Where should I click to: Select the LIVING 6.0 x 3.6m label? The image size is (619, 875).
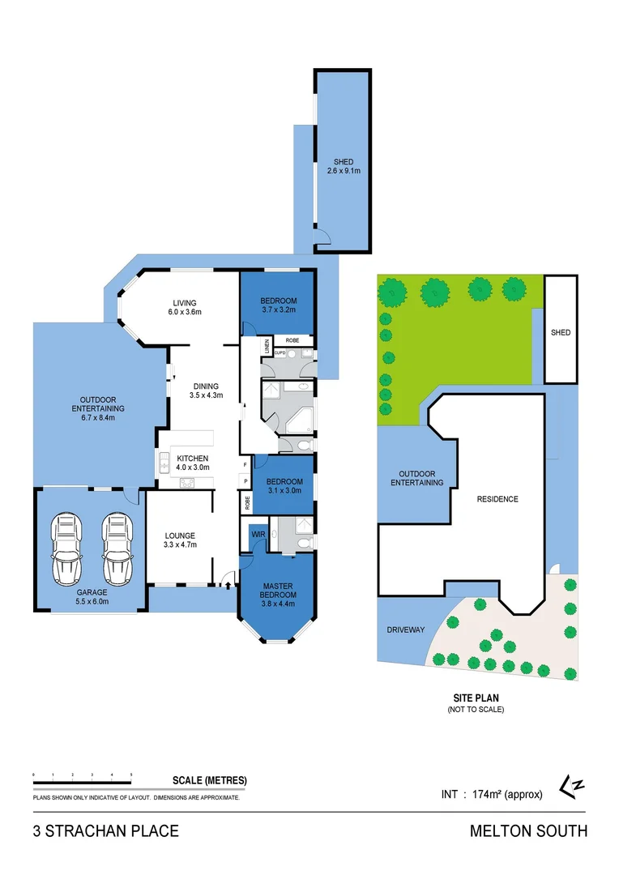[x=184, y=307]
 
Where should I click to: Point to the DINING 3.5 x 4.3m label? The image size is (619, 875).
[x=207, y=391]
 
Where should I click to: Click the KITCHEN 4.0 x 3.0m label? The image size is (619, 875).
[x=193, y=463]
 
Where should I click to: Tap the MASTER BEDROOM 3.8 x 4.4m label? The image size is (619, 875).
[x=276, y=593]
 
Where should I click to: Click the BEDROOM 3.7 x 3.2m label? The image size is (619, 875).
[x=279, y=305]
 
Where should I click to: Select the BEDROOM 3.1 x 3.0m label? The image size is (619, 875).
[x=284, y=485]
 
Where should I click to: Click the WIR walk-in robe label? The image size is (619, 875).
[x=258, y=536]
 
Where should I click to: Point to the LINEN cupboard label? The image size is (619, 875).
[x=267, y=347]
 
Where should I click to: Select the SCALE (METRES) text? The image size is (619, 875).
[x=210, y=781]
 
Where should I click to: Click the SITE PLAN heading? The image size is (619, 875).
[x=476, y=698]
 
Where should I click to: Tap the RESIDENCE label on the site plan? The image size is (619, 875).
[x=497, y=499]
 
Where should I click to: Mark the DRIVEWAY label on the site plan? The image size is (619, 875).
[x=404, y=630]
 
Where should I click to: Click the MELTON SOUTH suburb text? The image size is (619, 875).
[x=528, y=831]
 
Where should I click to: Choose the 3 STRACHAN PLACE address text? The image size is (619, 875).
[x=105, y=831]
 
